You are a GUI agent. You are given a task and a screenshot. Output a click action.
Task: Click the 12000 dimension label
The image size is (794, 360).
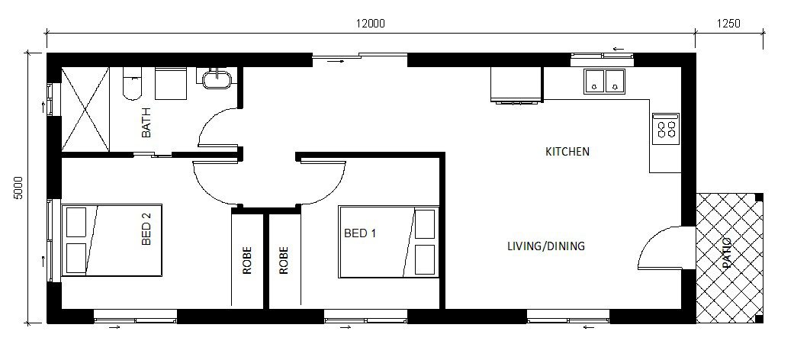click(x=370, y=24)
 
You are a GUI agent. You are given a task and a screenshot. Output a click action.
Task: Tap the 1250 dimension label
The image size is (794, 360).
click(x=728, y=24)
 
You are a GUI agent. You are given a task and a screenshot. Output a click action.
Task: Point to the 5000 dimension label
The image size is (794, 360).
click(x=19, y=188)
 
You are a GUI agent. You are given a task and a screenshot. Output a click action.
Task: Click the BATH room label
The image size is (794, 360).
click(x=146, y=123)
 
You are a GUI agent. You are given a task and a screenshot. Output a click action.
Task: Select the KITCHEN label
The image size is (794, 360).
click(x=567, y=151)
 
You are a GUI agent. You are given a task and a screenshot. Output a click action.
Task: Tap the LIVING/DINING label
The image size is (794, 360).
click(x=546, y=246)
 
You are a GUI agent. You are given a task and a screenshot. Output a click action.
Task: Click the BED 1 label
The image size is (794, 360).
click(x=360, y=233)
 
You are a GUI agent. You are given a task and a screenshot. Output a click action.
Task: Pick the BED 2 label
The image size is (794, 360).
click(x=146, y=229)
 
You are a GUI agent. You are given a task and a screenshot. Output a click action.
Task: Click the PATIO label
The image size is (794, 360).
click(x=727, y=252)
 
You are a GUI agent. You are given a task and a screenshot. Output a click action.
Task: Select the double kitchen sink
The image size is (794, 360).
click(x=604, y=82)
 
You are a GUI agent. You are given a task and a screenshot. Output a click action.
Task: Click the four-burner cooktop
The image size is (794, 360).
click(x=666, y=129)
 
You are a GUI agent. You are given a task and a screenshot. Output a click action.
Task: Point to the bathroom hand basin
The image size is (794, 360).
click(x=217, y=79)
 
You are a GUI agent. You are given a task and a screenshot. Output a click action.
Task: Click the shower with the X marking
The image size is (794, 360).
click(x=85, y=109)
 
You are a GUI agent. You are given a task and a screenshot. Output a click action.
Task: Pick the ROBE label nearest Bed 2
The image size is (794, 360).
click(x=247, y=260)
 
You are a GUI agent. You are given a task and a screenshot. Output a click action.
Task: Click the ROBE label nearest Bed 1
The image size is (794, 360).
click(x=284, y=260)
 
